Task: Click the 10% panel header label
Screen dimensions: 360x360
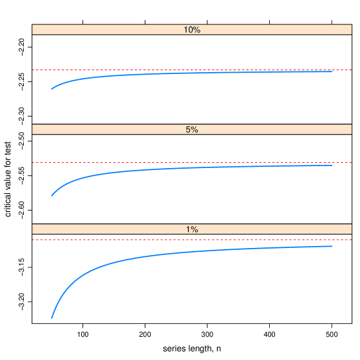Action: [x=192, y=30]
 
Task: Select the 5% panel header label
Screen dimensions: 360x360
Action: [x=192, y=129]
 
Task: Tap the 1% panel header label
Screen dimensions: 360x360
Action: [x=192, y=229]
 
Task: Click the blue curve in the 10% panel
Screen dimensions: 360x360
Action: [x=161, y=74]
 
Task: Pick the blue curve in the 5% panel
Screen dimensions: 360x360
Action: [x=161, y=169]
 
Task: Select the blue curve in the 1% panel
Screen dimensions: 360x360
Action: [x=161, y=254]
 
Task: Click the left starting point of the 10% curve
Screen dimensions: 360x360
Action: [x=52, y=89]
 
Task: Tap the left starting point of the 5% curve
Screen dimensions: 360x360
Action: [x=52, y=195]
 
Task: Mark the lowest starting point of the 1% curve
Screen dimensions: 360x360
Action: [x=52, y=317]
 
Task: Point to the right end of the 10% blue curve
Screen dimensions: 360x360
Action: [x=332, y=71]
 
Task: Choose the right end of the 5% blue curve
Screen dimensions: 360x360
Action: [x=332, y=166]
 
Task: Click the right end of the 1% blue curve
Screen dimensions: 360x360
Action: [x=332, y=246]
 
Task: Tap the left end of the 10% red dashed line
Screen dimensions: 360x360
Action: [x=33, y=70]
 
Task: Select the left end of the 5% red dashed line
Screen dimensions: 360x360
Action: [x=33, y=162]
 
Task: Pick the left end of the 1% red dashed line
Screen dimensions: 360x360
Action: [x=33, y=240]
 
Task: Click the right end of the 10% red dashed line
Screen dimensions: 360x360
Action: [x=351, y=70]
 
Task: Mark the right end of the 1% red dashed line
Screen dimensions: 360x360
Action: [x=351, y=240]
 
